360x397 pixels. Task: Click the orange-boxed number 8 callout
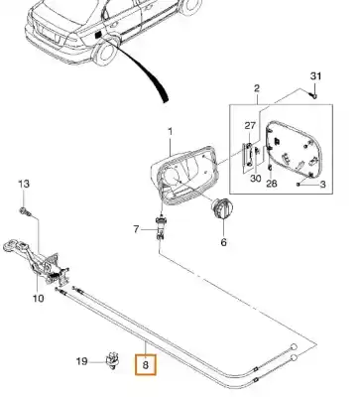pos(145,365)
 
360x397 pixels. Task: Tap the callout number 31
pos(315,76)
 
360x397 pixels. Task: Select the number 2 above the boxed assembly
pos(257,88)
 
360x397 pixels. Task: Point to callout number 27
pos(250,126)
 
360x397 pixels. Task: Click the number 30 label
pos(255,179)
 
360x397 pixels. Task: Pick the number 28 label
pos(272,184)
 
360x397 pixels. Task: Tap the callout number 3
pos(322,184)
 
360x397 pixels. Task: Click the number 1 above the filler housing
pos(171,132)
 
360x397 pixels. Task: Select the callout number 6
pos(223,242)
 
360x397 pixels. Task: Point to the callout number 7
pos(136,229)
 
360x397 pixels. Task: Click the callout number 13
pos(24,184)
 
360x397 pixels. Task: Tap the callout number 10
pos(38,299)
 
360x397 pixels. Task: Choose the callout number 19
pos(82,361)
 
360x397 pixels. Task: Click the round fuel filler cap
pos(222,208)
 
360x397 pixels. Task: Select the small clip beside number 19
pos(112,361)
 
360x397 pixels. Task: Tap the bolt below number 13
pos(25,211)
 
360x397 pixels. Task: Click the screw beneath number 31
pos(314,96)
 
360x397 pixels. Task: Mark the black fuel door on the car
pos(98,35)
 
